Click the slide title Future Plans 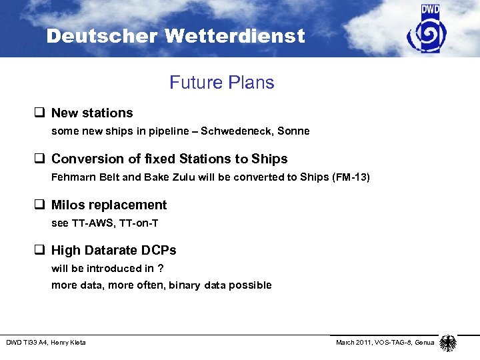[x=221, y=83]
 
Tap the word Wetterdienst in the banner [x=237, y=36]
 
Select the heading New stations [x=92, y=113]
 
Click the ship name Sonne [x=295, y=131]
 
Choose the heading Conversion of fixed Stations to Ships [x=169, y=159]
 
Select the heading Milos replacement [x=109, y=205]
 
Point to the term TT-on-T [x=138, y=223]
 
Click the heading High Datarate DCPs [x=113, y=251]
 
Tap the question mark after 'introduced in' [x=161, y=269]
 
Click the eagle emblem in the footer [x=448, y=343]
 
